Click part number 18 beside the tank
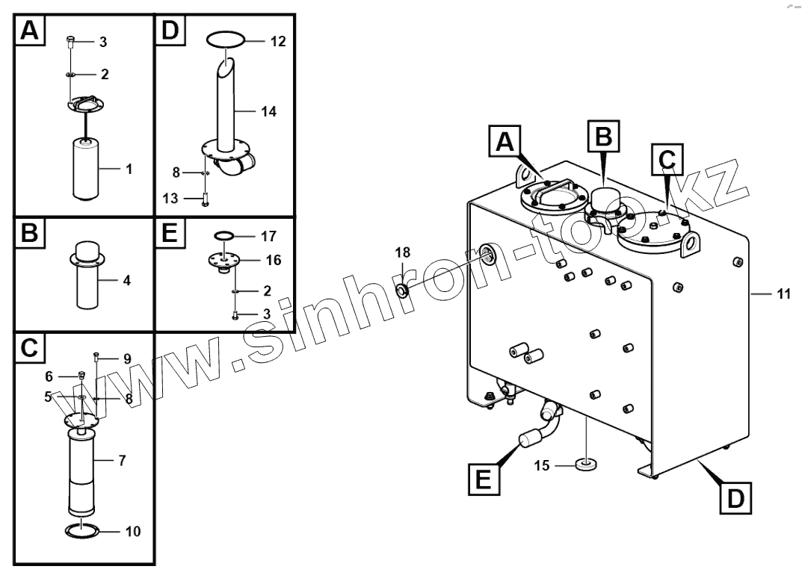click(402, 255)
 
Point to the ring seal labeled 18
click(401, 289)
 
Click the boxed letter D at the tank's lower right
click(736, 498)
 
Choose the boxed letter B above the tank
click(604, 136)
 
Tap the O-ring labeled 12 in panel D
click(225, 40)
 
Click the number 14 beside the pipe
click(269, 112)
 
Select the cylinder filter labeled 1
click(90, 168)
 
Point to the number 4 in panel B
click(127, 282)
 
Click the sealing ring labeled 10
click(82, 531)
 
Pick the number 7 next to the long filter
click(121, 459)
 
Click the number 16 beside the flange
click(274, 260)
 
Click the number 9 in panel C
click(127, 358)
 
